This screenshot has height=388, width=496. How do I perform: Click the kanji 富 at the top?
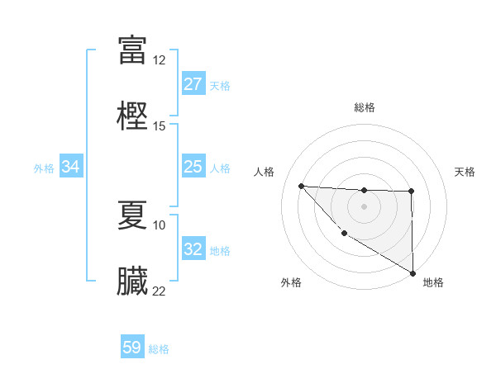(132, 50)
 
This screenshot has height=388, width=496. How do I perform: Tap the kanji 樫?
(132, 115)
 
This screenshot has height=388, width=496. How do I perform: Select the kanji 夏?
(132, 214)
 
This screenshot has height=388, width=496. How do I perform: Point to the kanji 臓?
(132, 280)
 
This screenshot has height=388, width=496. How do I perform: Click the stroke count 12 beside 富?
(160, 60)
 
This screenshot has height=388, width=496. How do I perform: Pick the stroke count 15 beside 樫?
(160, 125)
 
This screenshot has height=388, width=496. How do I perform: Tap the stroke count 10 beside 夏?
(160, 225)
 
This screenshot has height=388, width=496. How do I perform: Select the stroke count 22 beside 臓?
(160, 291)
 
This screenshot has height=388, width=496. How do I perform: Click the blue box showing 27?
(193, 84)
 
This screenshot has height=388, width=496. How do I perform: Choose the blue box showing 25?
(193, 167)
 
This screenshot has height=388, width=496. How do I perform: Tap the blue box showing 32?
(193, 249)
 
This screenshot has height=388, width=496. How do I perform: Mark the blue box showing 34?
(71, 167)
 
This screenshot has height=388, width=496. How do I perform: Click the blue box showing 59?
(132, 348)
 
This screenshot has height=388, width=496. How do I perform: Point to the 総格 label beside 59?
(160, 349)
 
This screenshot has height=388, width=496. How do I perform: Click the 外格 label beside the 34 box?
(44, 168)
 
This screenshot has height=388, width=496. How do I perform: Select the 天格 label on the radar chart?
(465, 172)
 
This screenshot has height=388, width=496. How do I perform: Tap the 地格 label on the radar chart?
(433, 282)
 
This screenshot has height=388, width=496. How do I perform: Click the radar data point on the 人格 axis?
(301, 186)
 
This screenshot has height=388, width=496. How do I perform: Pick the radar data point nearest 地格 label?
(413, 273)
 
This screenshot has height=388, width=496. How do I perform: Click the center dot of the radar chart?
(364, 206)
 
